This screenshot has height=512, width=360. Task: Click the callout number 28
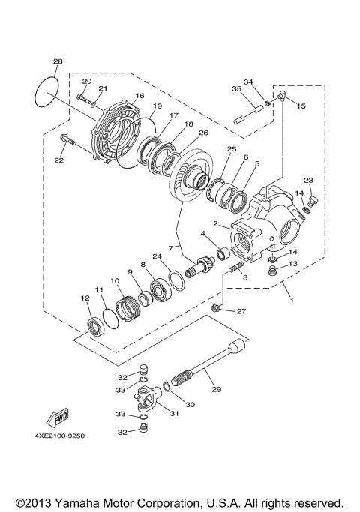(x=58, y=61)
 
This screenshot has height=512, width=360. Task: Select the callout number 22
(x=58, y=160)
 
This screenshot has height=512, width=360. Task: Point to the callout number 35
(x=236, y=89)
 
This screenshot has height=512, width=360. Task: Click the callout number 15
(x=302, y=106)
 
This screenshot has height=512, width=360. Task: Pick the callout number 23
(x=308, y=180)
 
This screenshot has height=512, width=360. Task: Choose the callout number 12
(x=85, y=298)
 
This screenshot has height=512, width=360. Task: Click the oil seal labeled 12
(x=96, y=326)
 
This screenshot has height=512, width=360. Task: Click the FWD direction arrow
(x=57, y=416)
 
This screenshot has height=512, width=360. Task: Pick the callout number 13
(x=293, y=264)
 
